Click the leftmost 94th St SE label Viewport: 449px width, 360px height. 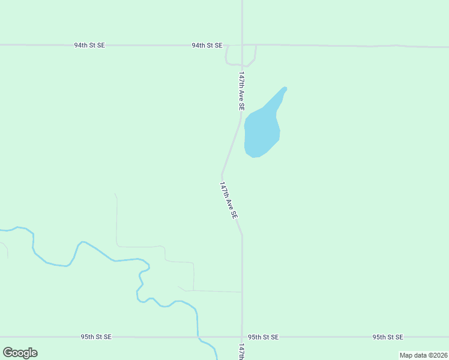pos(89,45)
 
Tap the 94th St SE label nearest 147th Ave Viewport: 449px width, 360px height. pos(207,45)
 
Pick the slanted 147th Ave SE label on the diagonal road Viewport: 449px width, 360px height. pos(229,200)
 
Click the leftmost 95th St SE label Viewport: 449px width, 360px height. pos(96,337)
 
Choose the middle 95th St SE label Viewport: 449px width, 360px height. pos(263,337)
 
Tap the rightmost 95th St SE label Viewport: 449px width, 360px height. pos(387,337)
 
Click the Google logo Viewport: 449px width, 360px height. pos(20,353)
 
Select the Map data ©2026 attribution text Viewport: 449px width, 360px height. pos(423,355)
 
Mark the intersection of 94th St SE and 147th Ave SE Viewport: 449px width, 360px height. pos(242,45)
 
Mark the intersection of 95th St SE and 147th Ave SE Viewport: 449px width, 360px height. pos(242,337)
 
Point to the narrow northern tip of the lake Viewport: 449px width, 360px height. pos(284,89)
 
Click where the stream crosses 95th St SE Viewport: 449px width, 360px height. pos(198,337)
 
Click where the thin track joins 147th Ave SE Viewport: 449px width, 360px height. pos(242,292)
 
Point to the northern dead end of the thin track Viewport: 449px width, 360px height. pos(115,194)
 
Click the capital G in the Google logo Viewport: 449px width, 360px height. pos(8,352)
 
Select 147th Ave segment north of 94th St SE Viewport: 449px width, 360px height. pos(242,21)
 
